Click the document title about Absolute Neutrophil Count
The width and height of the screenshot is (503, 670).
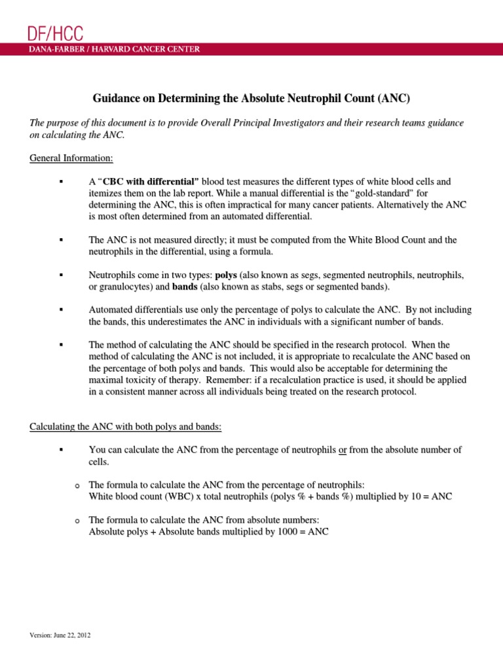point(251,99)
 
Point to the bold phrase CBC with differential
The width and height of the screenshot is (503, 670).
point(152,181)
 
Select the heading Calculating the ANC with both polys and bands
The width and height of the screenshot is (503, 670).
point(126,427)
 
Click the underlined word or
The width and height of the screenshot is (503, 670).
point(342,450)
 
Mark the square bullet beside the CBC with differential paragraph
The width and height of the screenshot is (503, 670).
point(60,181)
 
